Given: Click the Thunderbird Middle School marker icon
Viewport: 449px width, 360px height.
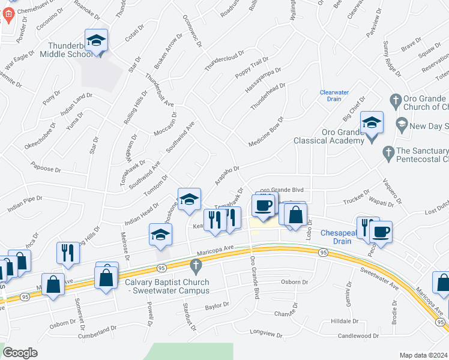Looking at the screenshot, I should tap(96, 41).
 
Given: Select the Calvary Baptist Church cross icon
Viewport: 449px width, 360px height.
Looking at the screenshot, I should tap(195, 265).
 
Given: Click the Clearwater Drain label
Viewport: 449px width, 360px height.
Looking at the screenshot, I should tap(334, 96).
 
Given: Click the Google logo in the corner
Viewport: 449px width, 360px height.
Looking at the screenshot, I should tap(20, 352).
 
